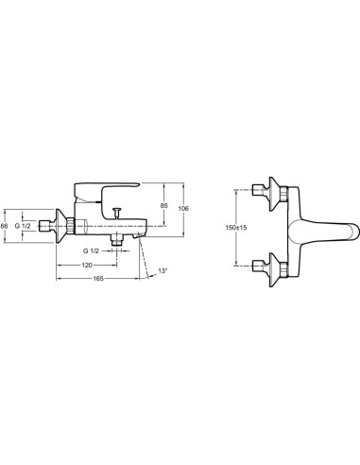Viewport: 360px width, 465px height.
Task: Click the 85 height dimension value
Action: pyautogui.click(x=163, y=206)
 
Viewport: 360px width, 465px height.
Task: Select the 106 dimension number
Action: pyautogui.click(x=183, y=208)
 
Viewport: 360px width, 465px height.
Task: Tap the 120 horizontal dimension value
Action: pyautogui.click(x=87, y=266)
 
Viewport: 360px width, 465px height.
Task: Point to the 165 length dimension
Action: pyautogui.click(x=98, y=279)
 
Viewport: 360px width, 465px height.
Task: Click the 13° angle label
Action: pyautogui.click(x=163, y=270)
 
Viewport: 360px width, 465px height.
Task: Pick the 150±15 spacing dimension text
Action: pyautogui.click(x=236, y=228)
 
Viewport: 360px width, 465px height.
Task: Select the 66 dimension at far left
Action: pyautogui.click(x=4, y=226)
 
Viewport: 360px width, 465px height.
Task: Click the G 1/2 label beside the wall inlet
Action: pyautogui.click(x=23, y=226)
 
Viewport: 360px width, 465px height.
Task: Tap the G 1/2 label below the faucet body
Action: pyautogui.click(x=91, y=251)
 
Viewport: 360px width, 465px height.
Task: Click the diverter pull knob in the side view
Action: pyautogui.click(x=117, y=212)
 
